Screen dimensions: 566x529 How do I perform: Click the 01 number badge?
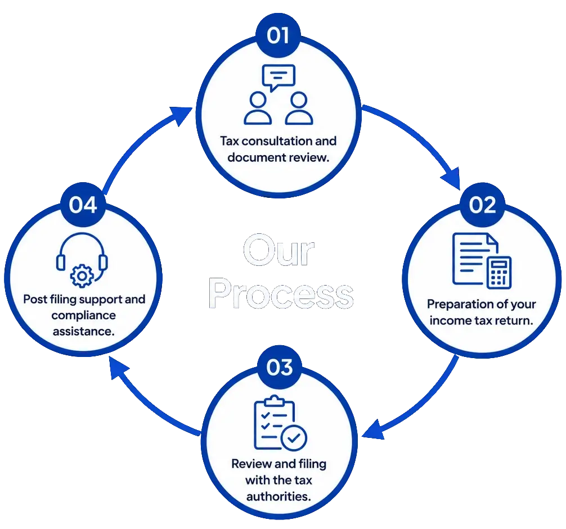(x=278, y=35)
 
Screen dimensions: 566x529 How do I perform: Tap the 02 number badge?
(x=482, y=205)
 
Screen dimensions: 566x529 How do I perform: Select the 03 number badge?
(x=279, y=368)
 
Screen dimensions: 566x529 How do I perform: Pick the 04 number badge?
(x=83, y=205)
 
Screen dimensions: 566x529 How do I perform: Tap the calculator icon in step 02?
(x=499, y=272)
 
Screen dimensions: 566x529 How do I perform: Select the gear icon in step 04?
(x=82, y=276)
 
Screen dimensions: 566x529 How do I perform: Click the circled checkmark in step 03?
(x=294, y=438)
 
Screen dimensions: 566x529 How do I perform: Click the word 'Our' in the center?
(x=278, y=250)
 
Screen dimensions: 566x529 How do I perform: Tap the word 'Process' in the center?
(x=281, y=293)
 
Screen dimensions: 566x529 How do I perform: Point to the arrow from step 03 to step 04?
(x=145, y=404)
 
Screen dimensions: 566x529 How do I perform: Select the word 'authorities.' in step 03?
(x=278, y=496)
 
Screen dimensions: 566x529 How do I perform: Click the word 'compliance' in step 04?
(x=84, y=315)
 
